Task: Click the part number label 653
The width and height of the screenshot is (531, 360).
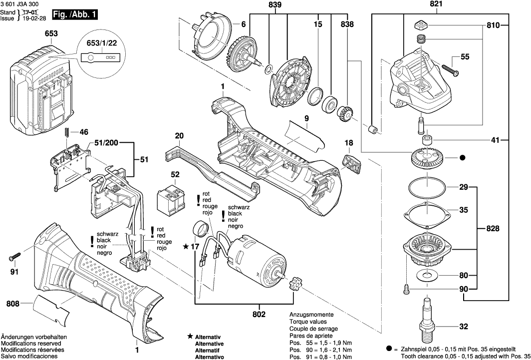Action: [51, 33]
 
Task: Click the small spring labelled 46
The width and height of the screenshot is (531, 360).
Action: [66, 133]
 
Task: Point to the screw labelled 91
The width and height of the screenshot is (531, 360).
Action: [14, 258]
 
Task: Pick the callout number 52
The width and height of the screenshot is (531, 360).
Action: [175, 175]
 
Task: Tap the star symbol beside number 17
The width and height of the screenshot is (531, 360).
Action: [186, 246]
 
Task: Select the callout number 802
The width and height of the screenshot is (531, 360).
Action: [260, 315]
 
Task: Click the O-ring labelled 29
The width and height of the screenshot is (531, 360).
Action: [427, 189]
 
